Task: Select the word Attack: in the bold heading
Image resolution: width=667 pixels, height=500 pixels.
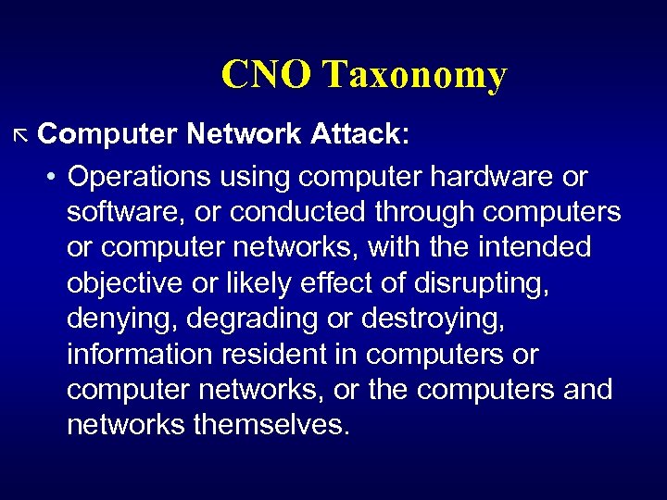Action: pos(357,134)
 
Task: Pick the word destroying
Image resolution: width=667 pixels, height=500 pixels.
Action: pos(434,319)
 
